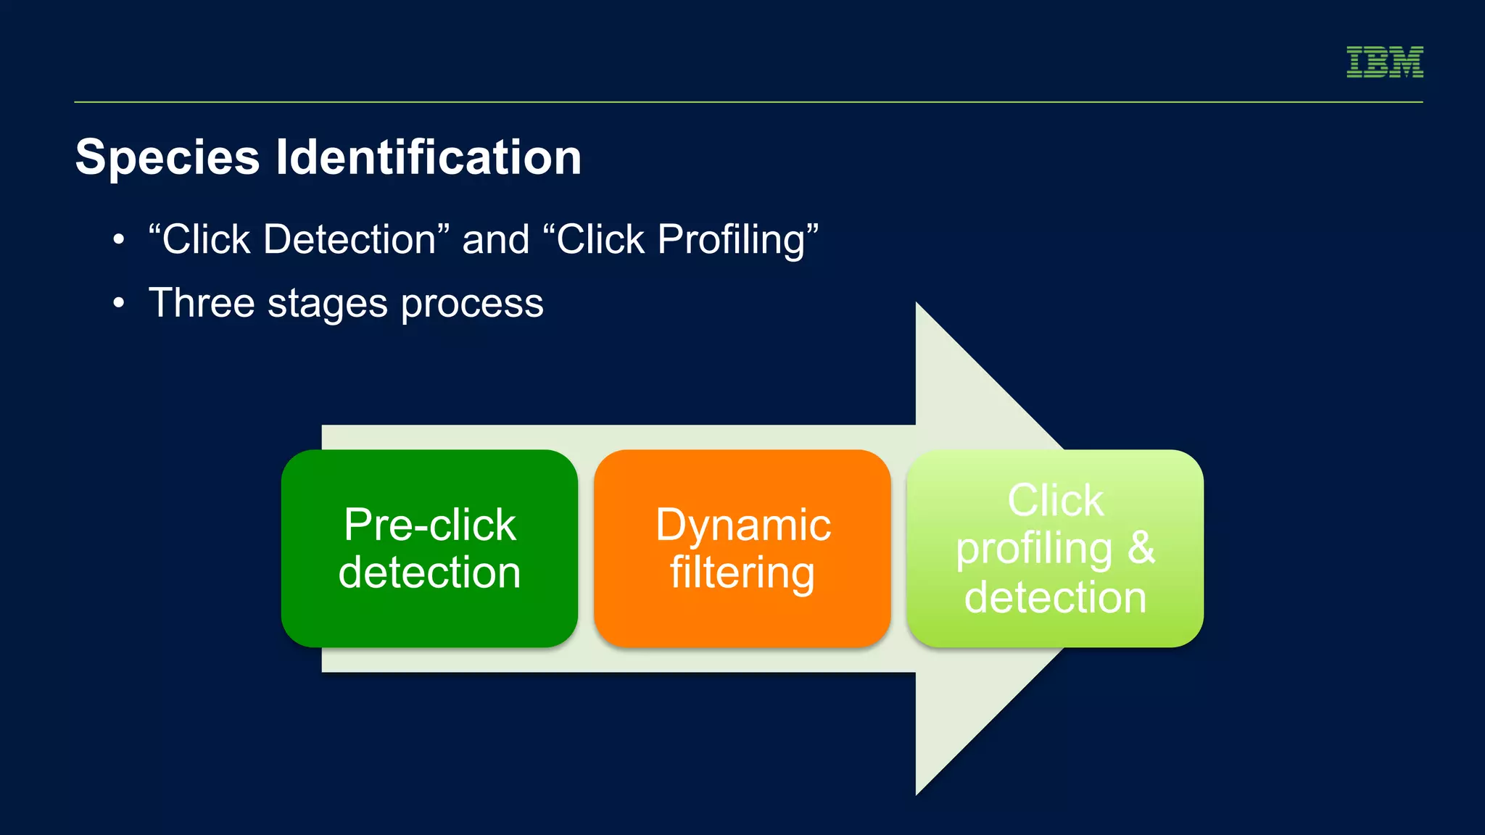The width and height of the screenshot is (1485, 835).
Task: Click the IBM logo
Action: point(1384,62)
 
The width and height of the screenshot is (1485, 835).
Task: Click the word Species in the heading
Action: point(167,157)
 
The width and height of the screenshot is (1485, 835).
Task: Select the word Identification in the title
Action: point(429,157)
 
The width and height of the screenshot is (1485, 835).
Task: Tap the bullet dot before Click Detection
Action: point(119,239)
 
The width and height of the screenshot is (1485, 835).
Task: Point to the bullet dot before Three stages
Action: point(119,303)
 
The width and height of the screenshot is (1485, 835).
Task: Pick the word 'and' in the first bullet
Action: point(496,239)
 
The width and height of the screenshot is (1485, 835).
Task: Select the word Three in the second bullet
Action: point(201,303)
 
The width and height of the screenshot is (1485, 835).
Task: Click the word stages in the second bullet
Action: point(327,303)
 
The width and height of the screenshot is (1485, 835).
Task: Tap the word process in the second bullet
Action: point(472,303)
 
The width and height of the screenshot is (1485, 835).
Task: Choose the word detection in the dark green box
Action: point(429,573)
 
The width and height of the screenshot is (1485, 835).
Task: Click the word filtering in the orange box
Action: point(742,573)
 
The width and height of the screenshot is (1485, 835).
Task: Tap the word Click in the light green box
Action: point(1056,500)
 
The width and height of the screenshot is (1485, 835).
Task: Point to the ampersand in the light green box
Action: point(1141,548)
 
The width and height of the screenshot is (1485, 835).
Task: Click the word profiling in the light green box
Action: point(1034,549)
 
